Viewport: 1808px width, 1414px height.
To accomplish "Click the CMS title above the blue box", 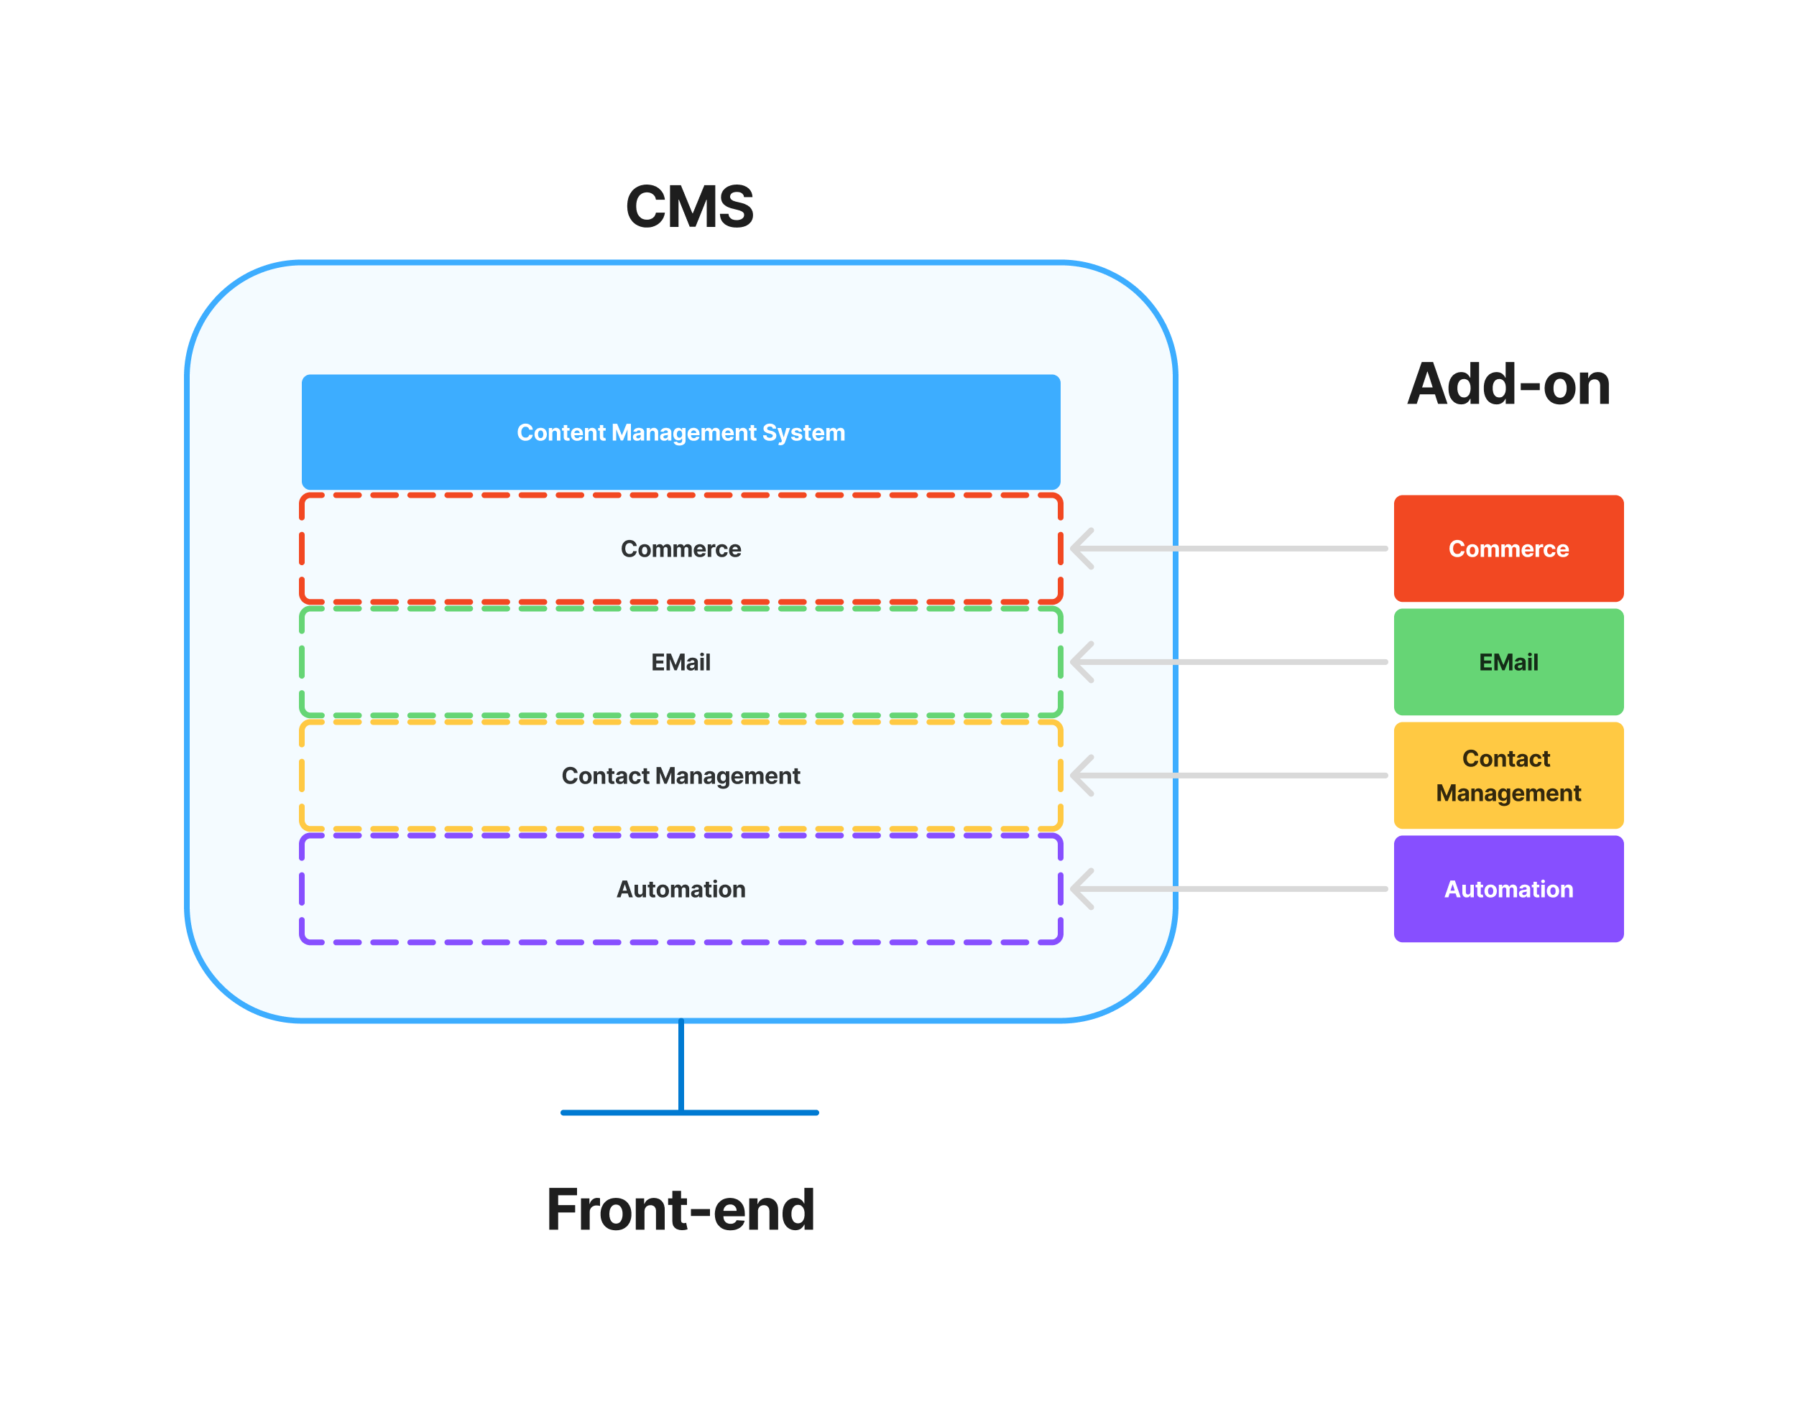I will (x=689, y=207).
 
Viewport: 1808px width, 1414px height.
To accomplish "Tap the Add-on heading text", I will (x=1508, y=385).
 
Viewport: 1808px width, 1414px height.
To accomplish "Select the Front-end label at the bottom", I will (x=681, y=1209).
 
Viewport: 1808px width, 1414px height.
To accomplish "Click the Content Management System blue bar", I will (x=681, y=432).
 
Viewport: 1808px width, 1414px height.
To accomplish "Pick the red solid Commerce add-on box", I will (x=1508, y=549).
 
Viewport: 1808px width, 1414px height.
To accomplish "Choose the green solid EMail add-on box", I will (x=1508, y=662).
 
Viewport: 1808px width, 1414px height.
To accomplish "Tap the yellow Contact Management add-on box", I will (x=1508, y=776).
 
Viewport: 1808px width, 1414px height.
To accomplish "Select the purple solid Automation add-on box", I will (x=1508, y=889).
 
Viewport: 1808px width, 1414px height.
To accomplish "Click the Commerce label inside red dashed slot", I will (x=681, y=549).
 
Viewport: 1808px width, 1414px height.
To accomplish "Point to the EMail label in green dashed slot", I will (x=681, y=662).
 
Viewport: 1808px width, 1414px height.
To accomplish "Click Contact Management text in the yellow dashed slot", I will (x=681, y=776).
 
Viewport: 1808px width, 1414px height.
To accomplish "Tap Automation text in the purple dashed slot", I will (x=681, y=889).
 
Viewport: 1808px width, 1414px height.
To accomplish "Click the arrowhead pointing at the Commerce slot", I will (x=1080, y=548).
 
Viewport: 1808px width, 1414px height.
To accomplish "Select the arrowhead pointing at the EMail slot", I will (x=1080, y=661).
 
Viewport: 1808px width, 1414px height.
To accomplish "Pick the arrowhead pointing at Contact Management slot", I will (x=1080, y=775).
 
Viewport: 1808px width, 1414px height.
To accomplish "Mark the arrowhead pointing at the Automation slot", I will (x=1080, y=888).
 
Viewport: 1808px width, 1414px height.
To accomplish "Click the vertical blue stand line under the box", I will (x=681, y=1066).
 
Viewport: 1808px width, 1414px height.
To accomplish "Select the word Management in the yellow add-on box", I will (x=1508, y=793).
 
